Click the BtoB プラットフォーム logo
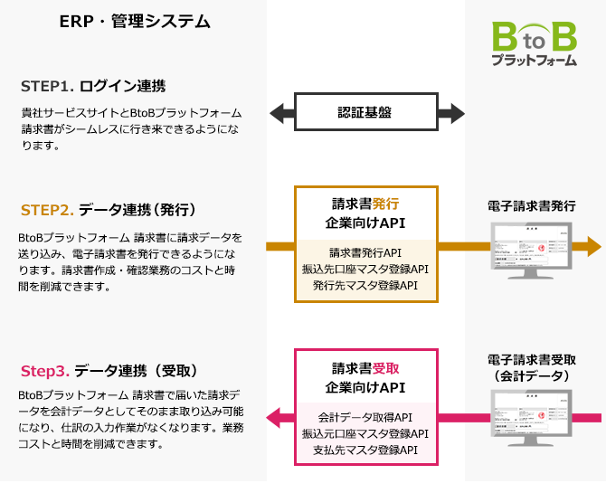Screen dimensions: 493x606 (x=534, y=44)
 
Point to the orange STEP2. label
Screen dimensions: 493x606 (x=47, y=210)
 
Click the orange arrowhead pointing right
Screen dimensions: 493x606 (x=592, y=245)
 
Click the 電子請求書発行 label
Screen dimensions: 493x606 (x=533, y=205)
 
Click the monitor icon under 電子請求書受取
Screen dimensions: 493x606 (x=532, y=418)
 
